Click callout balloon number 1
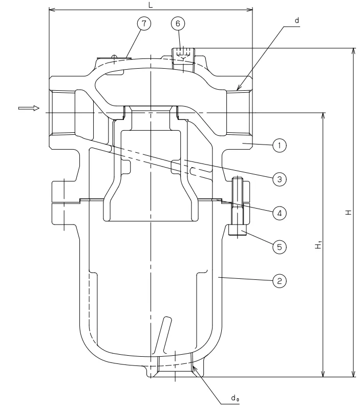coord(279,146)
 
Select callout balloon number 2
coord(279,280)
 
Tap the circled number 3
coord(279,179)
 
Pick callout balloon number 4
coord(279,212)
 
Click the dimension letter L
coord(150,4)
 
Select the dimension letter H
coord(348,212)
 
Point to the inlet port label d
coord(297,21)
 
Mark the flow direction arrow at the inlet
coord(28,108)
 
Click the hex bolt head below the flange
coord(237,232)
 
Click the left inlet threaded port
coord(62,112)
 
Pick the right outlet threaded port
coord(239,112)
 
